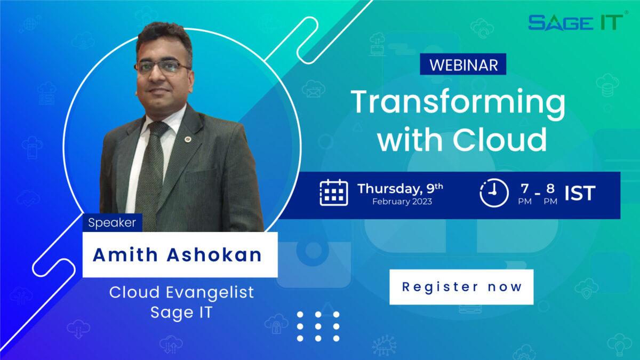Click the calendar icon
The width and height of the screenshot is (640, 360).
click(334, 193)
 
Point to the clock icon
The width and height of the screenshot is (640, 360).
click(493, 193)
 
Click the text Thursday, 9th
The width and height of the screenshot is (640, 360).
click(400, 189)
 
